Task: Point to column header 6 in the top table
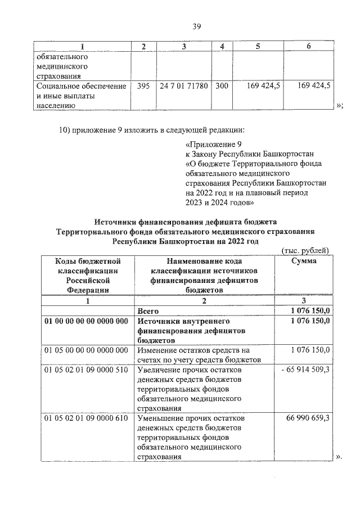pos(308,46)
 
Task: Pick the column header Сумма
pos(304,261)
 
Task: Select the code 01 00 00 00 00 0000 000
pos(87,321)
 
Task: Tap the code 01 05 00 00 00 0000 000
pos(87,350)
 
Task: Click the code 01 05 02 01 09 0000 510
pos(87,370)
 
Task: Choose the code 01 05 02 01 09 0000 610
pos(87,419)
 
